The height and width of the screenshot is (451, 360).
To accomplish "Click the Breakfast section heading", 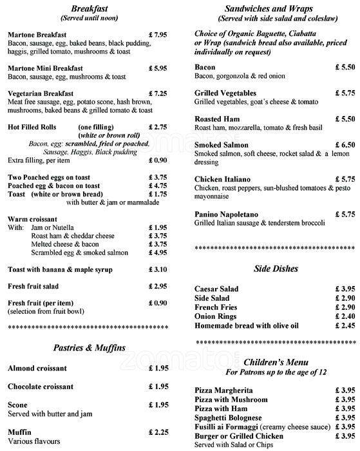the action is (x=90, y=8).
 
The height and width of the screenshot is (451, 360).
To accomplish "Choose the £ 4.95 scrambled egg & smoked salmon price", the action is (x=158, y=253).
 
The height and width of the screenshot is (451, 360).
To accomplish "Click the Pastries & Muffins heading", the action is (x=90, y=349).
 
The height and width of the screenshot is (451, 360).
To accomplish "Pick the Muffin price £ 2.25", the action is (x=158, y=432).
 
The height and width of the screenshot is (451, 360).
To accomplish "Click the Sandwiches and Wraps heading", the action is (x=269, y=8).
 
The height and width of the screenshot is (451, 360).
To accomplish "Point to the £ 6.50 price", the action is (x=345, y=146).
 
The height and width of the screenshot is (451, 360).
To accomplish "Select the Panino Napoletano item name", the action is (x=226, y=214).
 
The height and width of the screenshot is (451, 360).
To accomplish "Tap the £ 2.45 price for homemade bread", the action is (x=345, y=326).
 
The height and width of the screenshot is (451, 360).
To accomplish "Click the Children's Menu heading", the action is (x=269, y=363).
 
